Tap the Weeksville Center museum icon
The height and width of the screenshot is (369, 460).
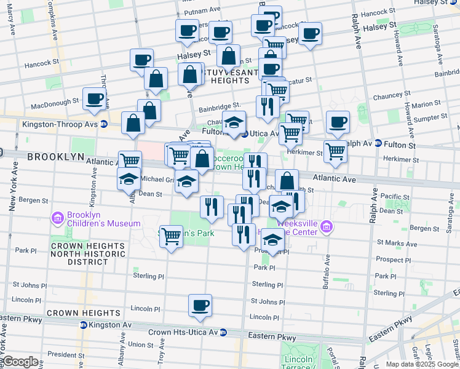coord(326,228)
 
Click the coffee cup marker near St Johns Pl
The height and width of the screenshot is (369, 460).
coord(200,305)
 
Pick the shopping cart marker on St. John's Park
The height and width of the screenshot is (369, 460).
coord(172,235)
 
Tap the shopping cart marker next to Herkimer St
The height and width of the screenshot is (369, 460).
coord(335,150)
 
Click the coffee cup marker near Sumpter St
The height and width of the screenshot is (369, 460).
coord(337,122)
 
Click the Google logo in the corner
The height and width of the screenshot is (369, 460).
coord(20,362)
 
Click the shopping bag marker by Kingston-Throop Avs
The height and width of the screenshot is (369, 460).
coord(133,123)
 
